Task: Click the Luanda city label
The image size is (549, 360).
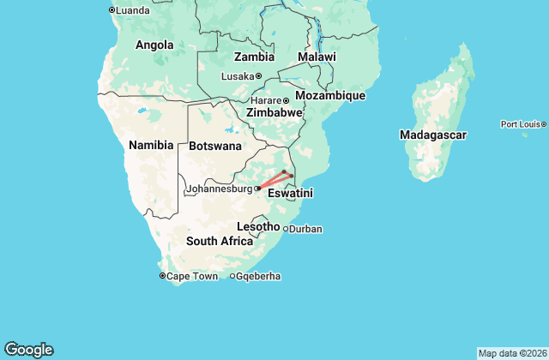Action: [133, 10]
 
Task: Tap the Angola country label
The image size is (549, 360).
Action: [154, 45]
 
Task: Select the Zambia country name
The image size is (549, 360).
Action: [254, 57]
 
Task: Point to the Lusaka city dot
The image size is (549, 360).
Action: [258, 76]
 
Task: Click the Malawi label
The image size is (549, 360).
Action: [317, 57]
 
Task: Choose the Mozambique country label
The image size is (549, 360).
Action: [330, 95]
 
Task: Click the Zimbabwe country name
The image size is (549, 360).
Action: [274, 112]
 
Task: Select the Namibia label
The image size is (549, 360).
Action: [151, 145]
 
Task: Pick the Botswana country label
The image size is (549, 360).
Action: [215, 146]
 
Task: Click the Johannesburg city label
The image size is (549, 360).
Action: [219, 188]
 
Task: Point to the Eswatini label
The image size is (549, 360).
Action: [291, 195]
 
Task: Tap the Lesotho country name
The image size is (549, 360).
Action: [258, 226]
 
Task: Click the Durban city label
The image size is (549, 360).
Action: [305, 230]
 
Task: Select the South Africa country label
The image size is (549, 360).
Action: [220, 241]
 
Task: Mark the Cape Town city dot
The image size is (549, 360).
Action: [163, 276]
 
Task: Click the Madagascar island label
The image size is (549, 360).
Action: [433, 135]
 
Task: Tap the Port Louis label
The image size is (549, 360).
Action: [520, 124]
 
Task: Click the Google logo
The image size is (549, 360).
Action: [28, 349]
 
